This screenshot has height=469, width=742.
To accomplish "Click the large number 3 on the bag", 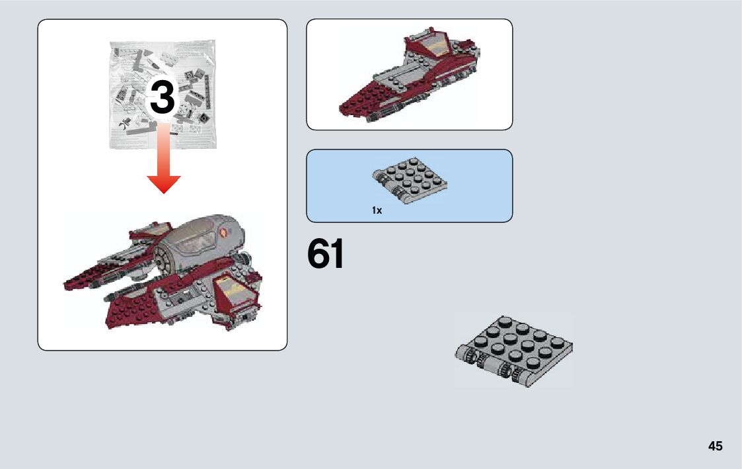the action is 163,98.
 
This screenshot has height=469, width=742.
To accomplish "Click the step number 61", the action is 326,255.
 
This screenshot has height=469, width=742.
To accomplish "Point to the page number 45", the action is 715,446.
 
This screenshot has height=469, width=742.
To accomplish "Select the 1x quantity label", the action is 377,210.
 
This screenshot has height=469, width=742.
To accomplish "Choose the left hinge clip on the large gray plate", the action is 470,358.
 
